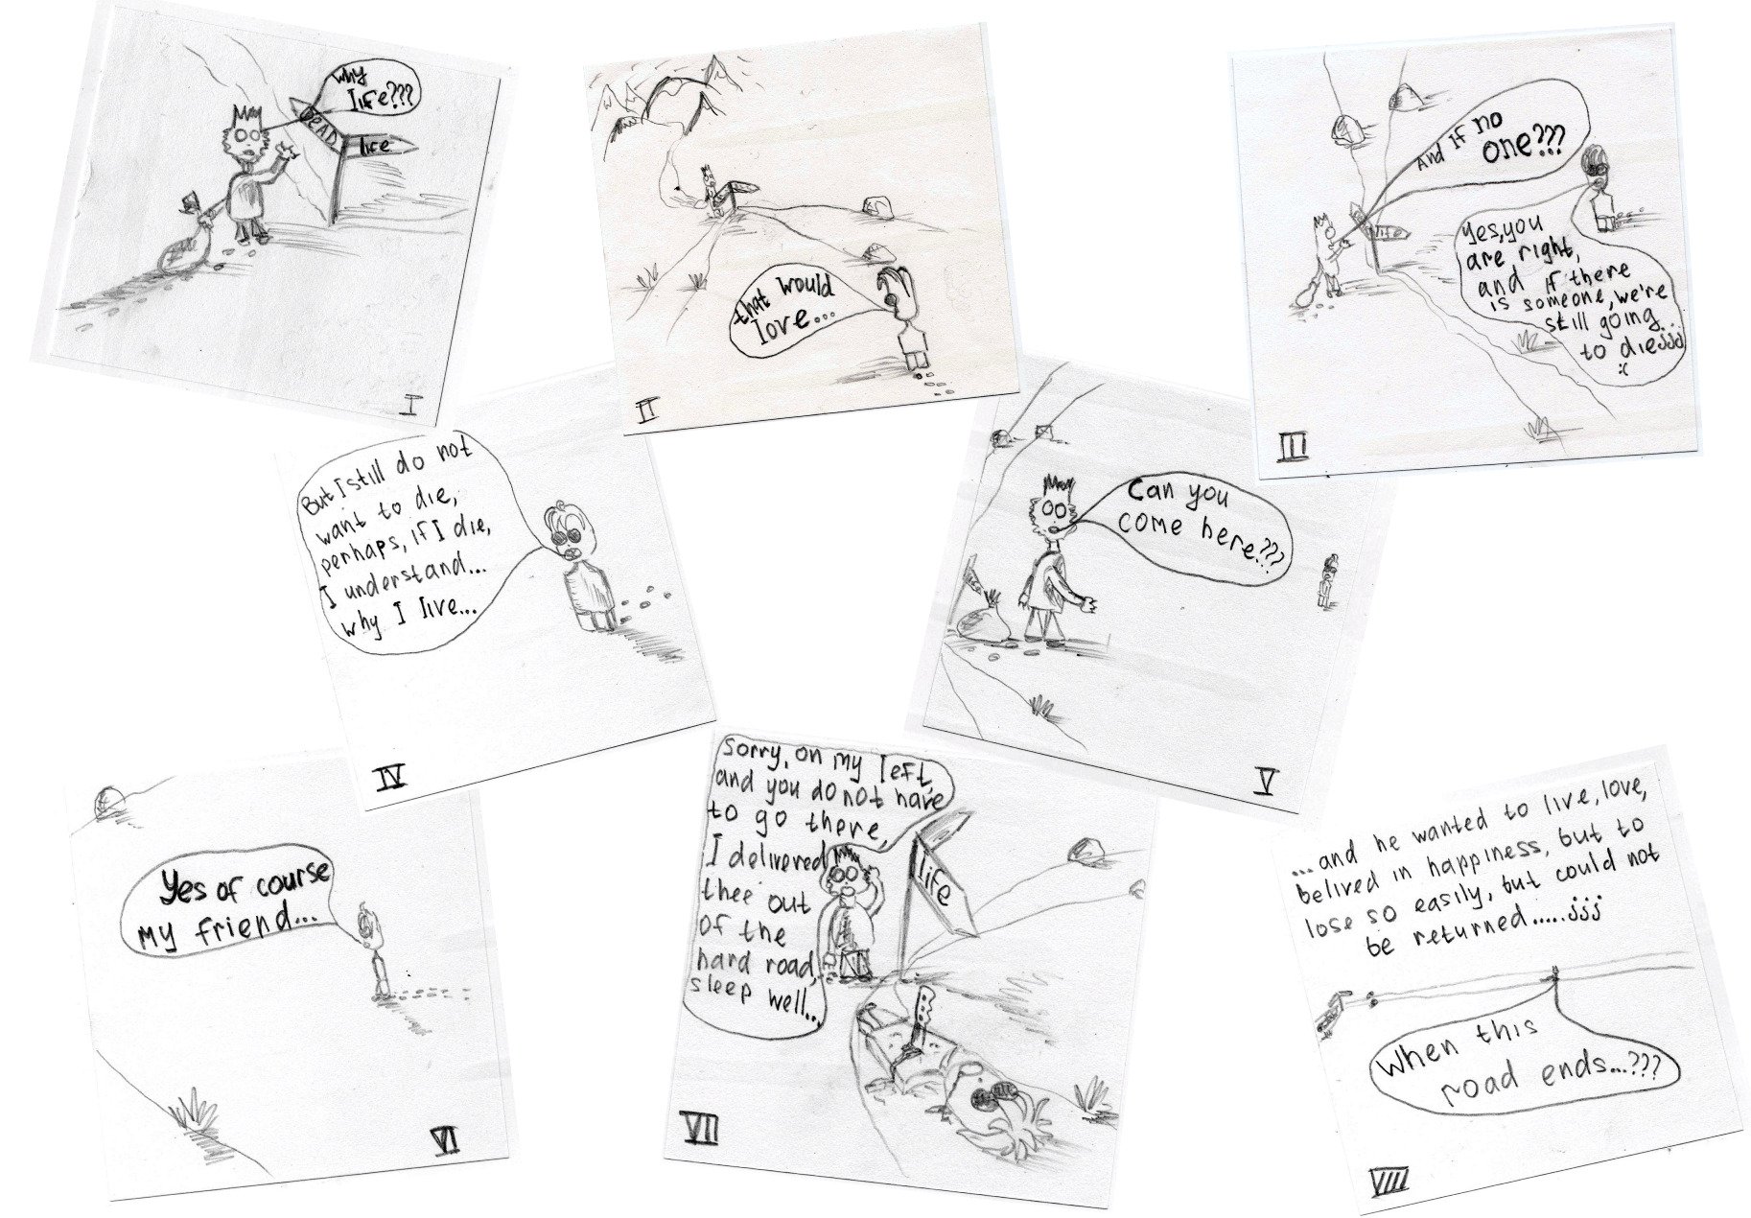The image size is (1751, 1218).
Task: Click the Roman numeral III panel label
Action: point(1291,447)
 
